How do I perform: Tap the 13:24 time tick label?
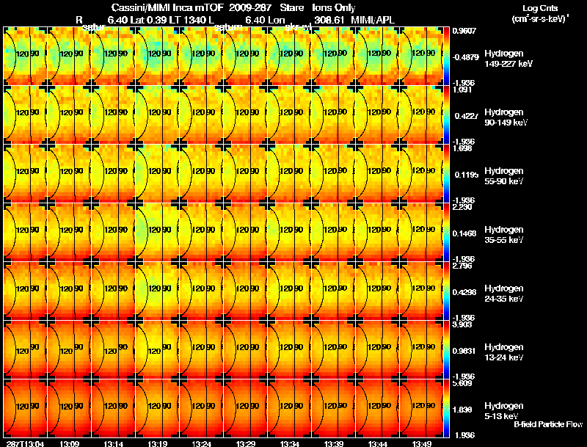point(202,443)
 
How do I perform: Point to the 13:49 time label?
point(422,443)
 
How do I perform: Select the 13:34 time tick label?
point(289,443)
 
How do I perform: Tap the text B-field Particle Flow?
point(548,424)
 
